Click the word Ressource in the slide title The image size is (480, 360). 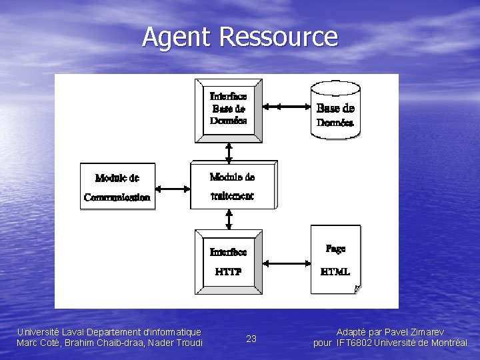coord(278,37)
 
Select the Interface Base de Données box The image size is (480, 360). coord(228,110)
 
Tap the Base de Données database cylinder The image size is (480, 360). coord(335,110)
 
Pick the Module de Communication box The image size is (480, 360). coord(117,187)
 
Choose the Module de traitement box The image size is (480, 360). coord(232,185)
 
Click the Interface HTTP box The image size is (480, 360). coord(228,261)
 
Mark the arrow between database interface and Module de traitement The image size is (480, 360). coord(229,152)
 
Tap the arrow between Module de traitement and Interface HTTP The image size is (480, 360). coord(229,219)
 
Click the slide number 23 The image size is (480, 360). coord(251,339)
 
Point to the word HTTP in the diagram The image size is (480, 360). coord(228,272)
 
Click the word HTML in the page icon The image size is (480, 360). coord(335,271)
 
